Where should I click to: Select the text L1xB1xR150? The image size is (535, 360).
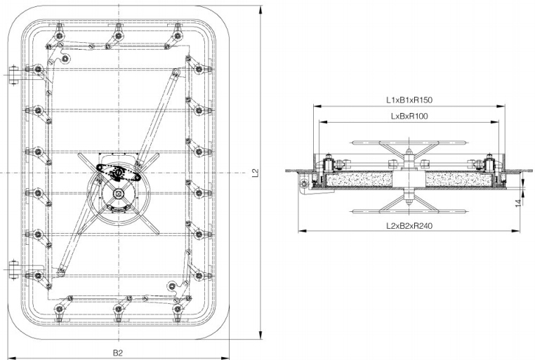coord(409,100)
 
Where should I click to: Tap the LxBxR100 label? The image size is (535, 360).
coord(409,115)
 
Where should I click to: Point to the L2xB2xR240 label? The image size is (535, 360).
coord(409,225)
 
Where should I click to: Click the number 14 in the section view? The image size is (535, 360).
coord(517,204)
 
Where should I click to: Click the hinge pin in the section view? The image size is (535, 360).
coord(303,185)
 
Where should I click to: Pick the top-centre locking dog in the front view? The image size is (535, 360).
coord(118,31)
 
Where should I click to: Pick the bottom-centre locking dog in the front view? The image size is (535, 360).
coord(118,308)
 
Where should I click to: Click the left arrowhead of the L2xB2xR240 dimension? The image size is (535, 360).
coord(300,230)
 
